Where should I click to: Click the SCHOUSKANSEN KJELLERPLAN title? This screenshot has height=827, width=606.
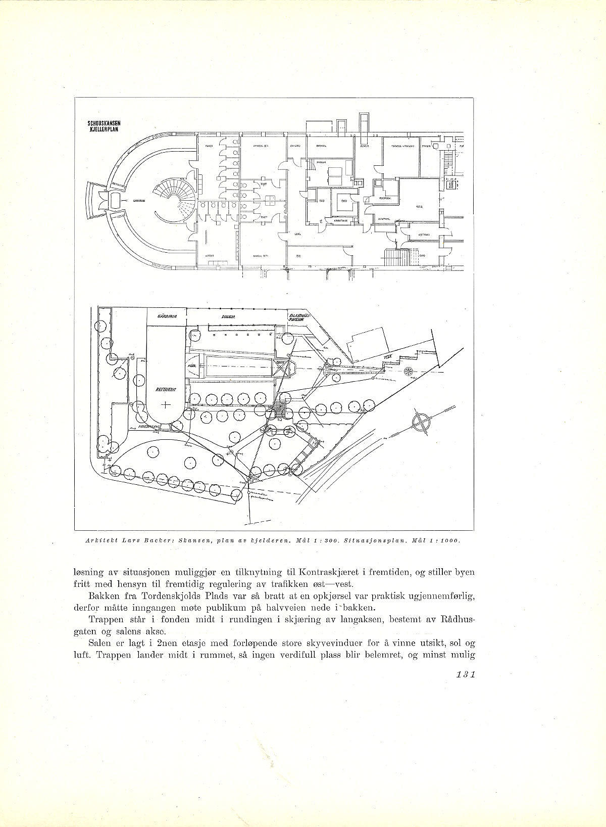point(104,125)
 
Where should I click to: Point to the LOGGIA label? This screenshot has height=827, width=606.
point(233,317)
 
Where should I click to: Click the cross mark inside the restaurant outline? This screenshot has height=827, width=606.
point(165,404)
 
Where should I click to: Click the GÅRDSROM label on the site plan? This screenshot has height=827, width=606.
point(166,316)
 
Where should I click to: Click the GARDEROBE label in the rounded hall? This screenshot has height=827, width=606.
point(140,201)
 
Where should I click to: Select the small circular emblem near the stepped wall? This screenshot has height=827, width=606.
point(408,371)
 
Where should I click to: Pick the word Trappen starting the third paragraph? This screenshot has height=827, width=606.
point(104,619)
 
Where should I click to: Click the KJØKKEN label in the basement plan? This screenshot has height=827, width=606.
point(419,207)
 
